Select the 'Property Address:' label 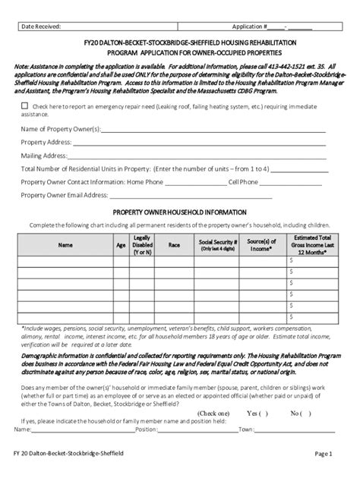pos(46,143)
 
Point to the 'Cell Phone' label pos(243,181)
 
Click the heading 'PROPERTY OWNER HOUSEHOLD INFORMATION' pos(179,212)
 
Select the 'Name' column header pos(67,246)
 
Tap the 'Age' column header pos(121,246)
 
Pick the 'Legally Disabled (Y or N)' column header pos(142,246)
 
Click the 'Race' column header pos(174,246)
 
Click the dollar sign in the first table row pos(290,260)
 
